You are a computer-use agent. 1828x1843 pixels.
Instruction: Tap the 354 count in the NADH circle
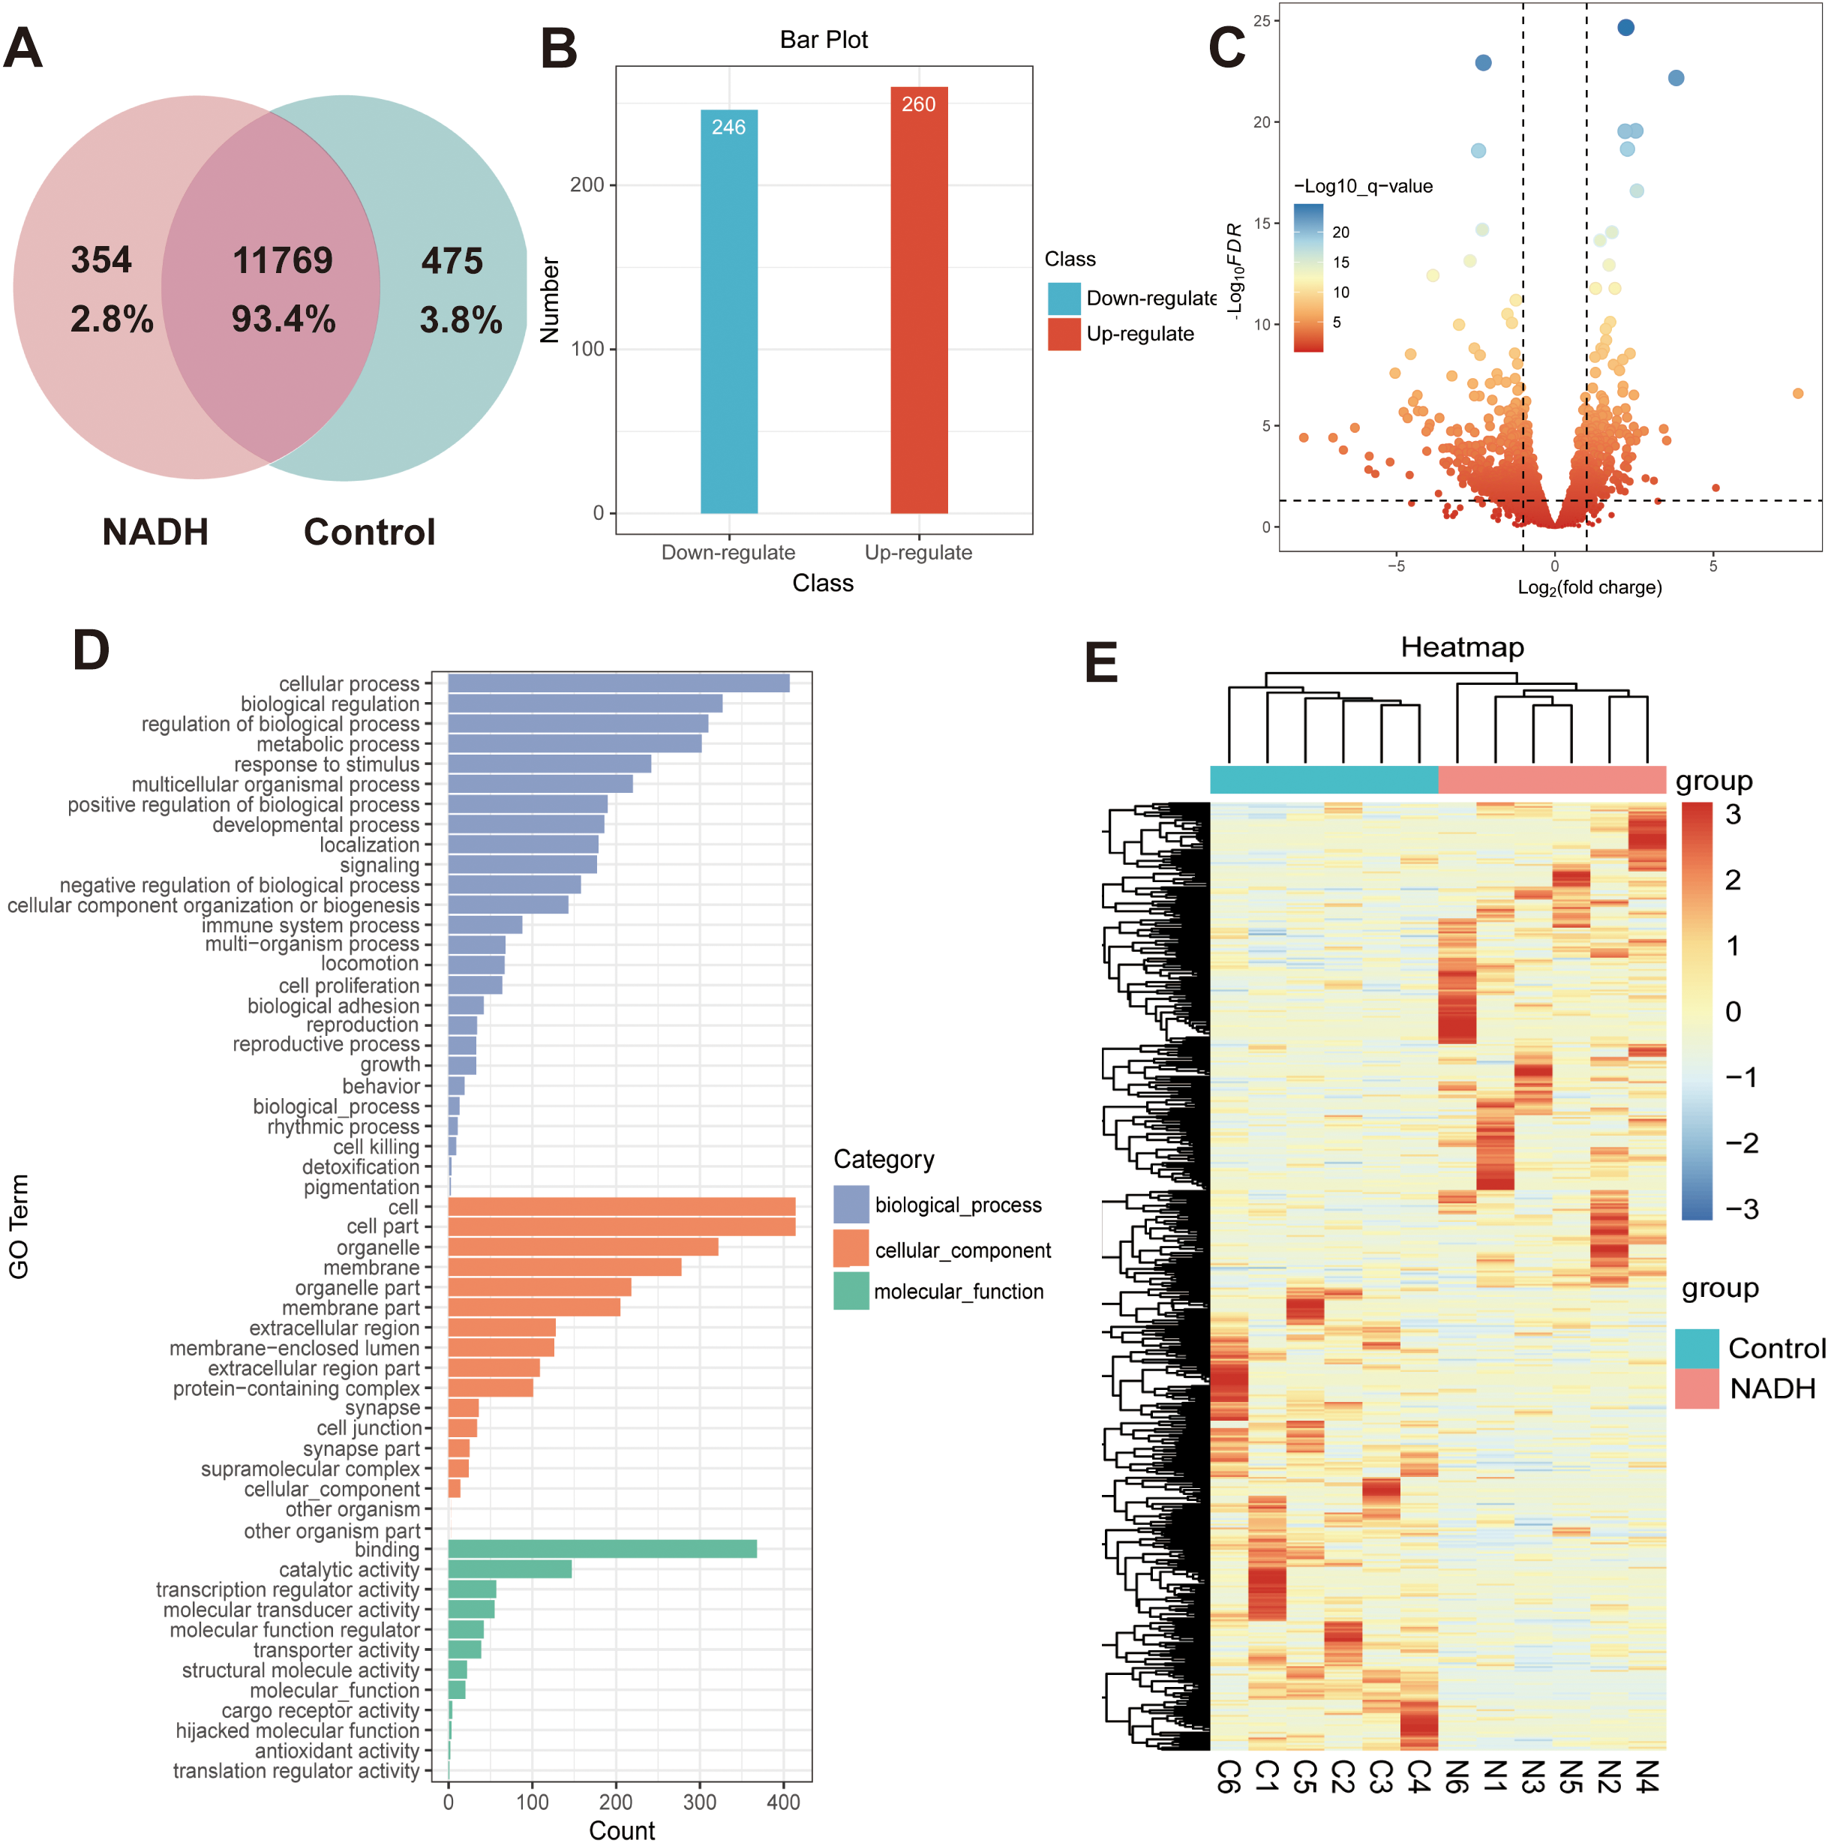pos(101,260)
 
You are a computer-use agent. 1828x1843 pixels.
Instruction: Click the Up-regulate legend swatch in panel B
pos(1064,335)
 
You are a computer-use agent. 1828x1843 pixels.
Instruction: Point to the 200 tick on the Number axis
pos(587,185)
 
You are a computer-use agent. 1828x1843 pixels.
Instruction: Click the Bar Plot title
pos(824,40)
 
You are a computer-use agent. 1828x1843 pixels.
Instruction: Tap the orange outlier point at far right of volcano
pos(1797,393)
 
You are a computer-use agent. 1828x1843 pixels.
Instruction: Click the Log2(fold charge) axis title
pos(1589,587)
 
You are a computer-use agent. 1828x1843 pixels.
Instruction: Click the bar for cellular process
pos(618,683)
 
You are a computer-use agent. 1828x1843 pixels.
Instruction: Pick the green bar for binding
pos(602,1549)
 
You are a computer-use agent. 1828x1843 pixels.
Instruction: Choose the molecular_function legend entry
pos(958,1292)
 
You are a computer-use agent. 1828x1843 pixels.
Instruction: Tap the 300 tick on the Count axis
pos(699,1802)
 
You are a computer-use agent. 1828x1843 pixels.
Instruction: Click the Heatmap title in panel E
pos(1462,648)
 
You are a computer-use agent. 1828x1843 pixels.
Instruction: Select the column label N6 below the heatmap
pos(1456,1776)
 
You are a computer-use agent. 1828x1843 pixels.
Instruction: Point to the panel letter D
pos(91,652)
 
